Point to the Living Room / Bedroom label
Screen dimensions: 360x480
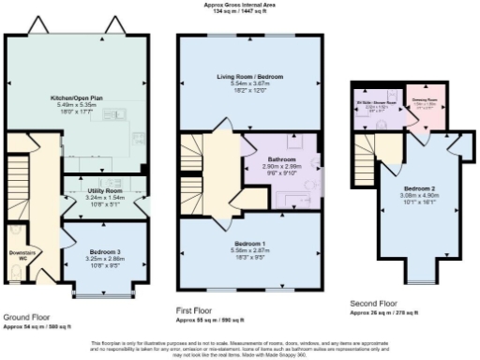coord(250,77)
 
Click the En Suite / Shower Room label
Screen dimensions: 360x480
coord(377,100)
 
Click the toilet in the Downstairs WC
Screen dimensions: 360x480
coord(11,275)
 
